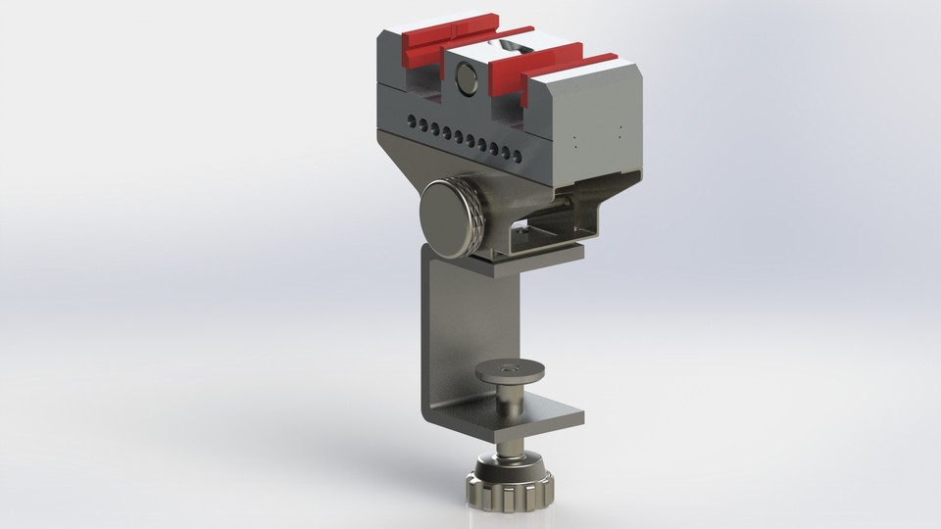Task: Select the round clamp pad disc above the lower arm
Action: point(510,372)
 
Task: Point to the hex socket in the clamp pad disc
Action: point(509,367)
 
